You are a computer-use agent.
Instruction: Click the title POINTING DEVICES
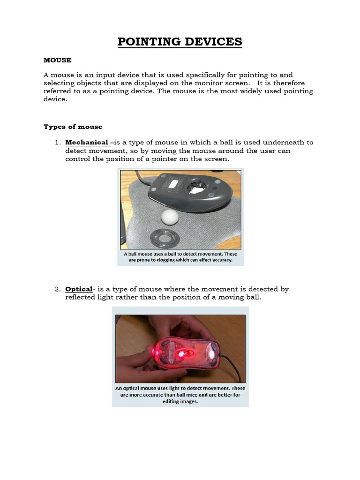(x=180, y=42)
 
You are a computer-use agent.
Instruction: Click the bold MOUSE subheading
(x=57, y=60)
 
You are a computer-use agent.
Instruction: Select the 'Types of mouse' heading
(x=73, y=127)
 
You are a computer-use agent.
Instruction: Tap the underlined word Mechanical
(x=87, y=142)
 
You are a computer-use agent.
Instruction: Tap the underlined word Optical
(x=78, y=289)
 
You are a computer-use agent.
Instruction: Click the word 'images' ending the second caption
(x=188, y=401)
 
